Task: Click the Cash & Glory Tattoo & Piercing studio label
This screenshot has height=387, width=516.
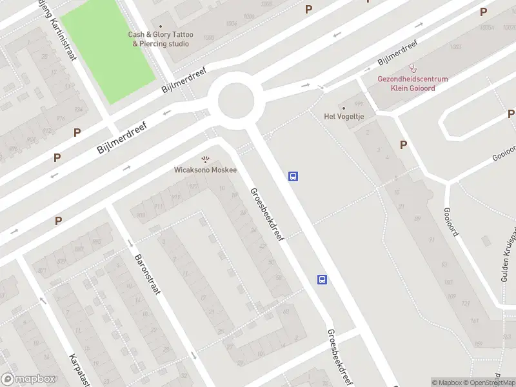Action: pos(161,39)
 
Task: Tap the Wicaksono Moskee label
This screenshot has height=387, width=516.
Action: pos(205,170)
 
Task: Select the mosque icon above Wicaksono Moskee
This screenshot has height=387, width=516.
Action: pos(205,159)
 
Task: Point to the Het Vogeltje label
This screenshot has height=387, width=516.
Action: pos(343,116)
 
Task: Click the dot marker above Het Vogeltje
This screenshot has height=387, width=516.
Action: pos(343,108)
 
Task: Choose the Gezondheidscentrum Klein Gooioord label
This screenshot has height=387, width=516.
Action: pos(412,83)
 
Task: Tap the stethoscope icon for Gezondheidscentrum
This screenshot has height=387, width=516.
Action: pos(412,68)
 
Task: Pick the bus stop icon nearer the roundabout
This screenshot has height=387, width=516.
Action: pos(293,176)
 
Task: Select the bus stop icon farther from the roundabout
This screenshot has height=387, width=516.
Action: pos(322,279)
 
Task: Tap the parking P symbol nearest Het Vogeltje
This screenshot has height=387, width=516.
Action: pos(403,145)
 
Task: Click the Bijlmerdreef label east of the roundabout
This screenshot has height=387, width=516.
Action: pos(397,54)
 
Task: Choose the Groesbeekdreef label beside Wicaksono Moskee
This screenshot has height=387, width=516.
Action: pos(267,215)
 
